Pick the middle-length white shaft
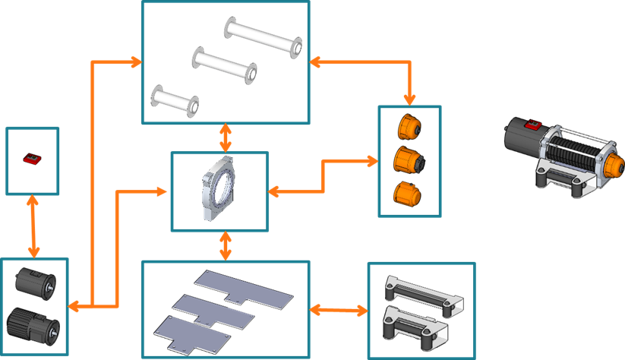point(224,66)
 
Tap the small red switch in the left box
point(33,159)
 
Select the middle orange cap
point(409,160)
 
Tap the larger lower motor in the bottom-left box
point(34,327)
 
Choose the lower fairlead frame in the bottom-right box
point(421,324)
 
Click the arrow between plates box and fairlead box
point(339,310)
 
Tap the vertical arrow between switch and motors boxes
point(33,226)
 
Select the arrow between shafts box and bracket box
point(226,137)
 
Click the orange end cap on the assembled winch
point(612,164)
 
